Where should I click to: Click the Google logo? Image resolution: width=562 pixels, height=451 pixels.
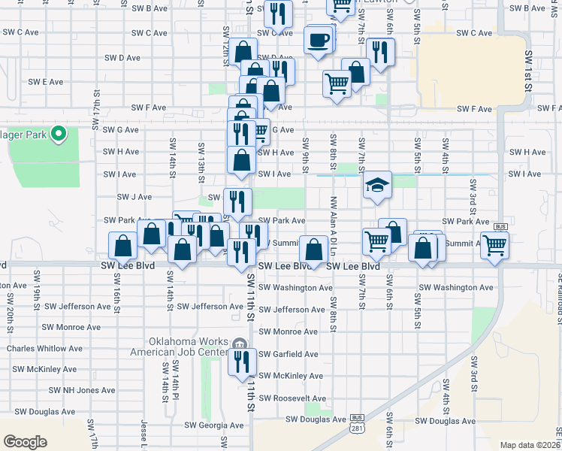click(25, 442)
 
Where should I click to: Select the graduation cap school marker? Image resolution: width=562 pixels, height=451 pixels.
click(377, 185)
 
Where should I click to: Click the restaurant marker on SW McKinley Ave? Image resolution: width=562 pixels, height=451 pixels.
click(242, 362)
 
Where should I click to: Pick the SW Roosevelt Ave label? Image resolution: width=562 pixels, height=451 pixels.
click(292, 398)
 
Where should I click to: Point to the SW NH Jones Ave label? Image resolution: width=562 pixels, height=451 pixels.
click(82, 390)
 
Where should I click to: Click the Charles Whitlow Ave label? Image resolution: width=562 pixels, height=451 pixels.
click(41, 348)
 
